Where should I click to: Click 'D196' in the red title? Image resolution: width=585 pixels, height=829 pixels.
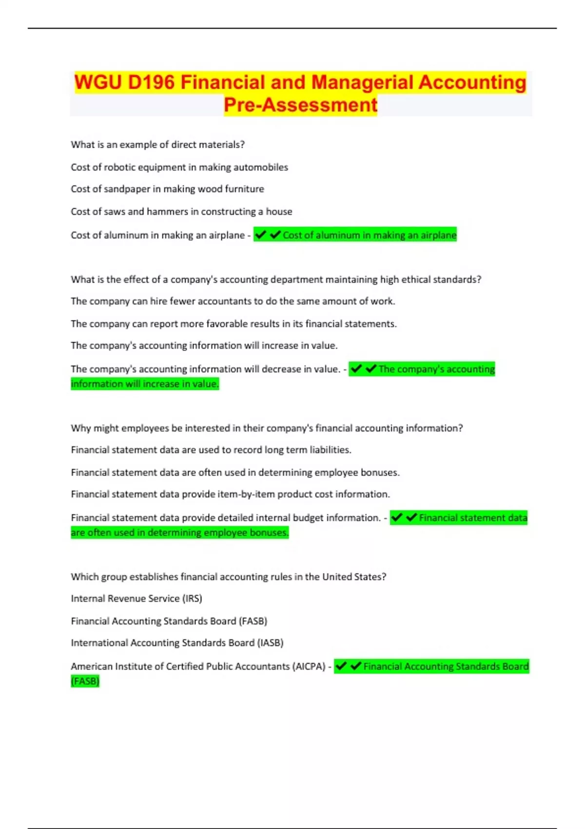point(151,82)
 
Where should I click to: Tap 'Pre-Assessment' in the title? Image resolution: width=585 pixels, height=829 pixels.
point(300,105)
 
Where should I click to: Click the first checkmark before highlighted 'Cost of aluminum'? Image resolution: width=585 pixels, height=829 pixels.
point(260,235)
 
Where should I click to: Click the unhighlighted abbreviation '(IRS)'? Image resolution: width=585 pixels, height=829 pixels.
point(192,599)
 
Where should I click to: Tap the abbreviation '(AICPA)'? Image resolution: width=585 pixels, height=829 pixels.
point(309,667)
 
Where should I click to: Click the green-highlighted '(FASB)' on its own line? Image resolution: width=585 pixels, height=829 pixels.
point(85,681)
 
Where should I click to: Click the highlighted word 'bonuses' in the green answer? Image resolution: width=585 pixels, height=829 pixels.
point(269,533)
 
